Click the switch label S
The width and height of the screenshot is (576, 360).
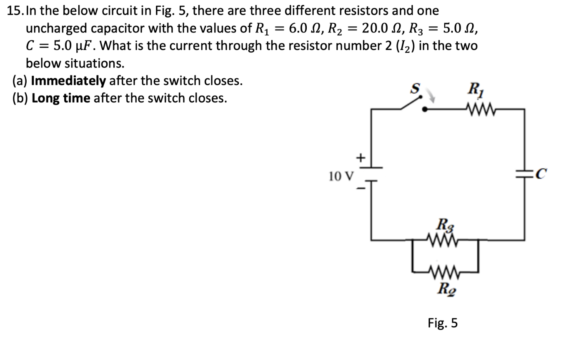(x=415, y=88)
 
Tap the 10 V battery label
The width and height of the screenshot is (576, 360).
(x=341, y=177)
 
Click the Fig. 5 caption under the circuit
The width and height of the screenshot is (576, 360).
(x=443, y=322)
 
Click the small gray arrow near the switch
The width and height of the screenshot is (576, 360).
(x=432, y=97)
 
